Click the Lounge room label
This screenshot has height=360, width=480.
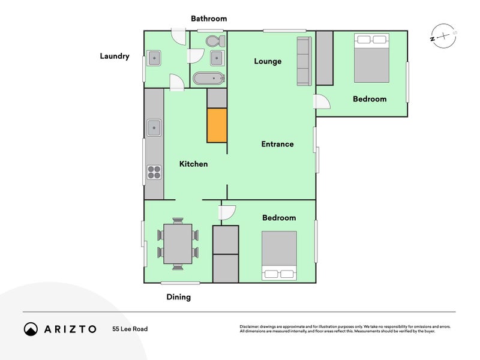268,61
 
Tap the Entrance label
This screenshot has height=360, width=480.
277,144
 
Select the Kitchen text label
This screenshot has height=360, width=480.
193,164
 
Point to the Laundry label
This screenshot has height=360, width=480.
115,56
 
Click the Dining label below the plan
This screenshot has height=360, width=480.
178,297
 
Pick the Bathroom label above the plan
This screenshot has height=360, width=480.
209,19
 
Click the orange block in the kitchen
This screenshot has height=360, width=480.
217,125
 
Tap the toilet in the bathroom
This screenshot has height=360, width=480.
215,41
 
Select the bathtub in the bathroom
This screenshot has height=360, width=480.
209,79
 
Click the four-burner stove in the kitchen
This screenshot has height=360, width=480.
154,172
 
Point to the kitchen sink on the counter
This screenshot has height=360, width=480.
154,128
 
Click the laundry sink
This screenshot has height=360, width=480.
154,58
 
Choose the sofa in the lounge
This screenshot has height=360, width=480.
304,61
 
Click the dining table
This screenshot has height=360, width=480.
178,244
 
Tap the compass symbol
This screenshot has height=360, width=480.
443,36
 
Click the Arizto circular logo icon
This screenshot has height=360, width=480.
31,329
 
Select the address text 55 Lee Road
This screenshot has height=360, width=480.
130,329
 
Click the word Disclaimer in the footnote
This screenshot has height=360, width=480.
249,326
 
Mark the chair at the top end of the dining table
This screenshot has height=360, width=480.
178,221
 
